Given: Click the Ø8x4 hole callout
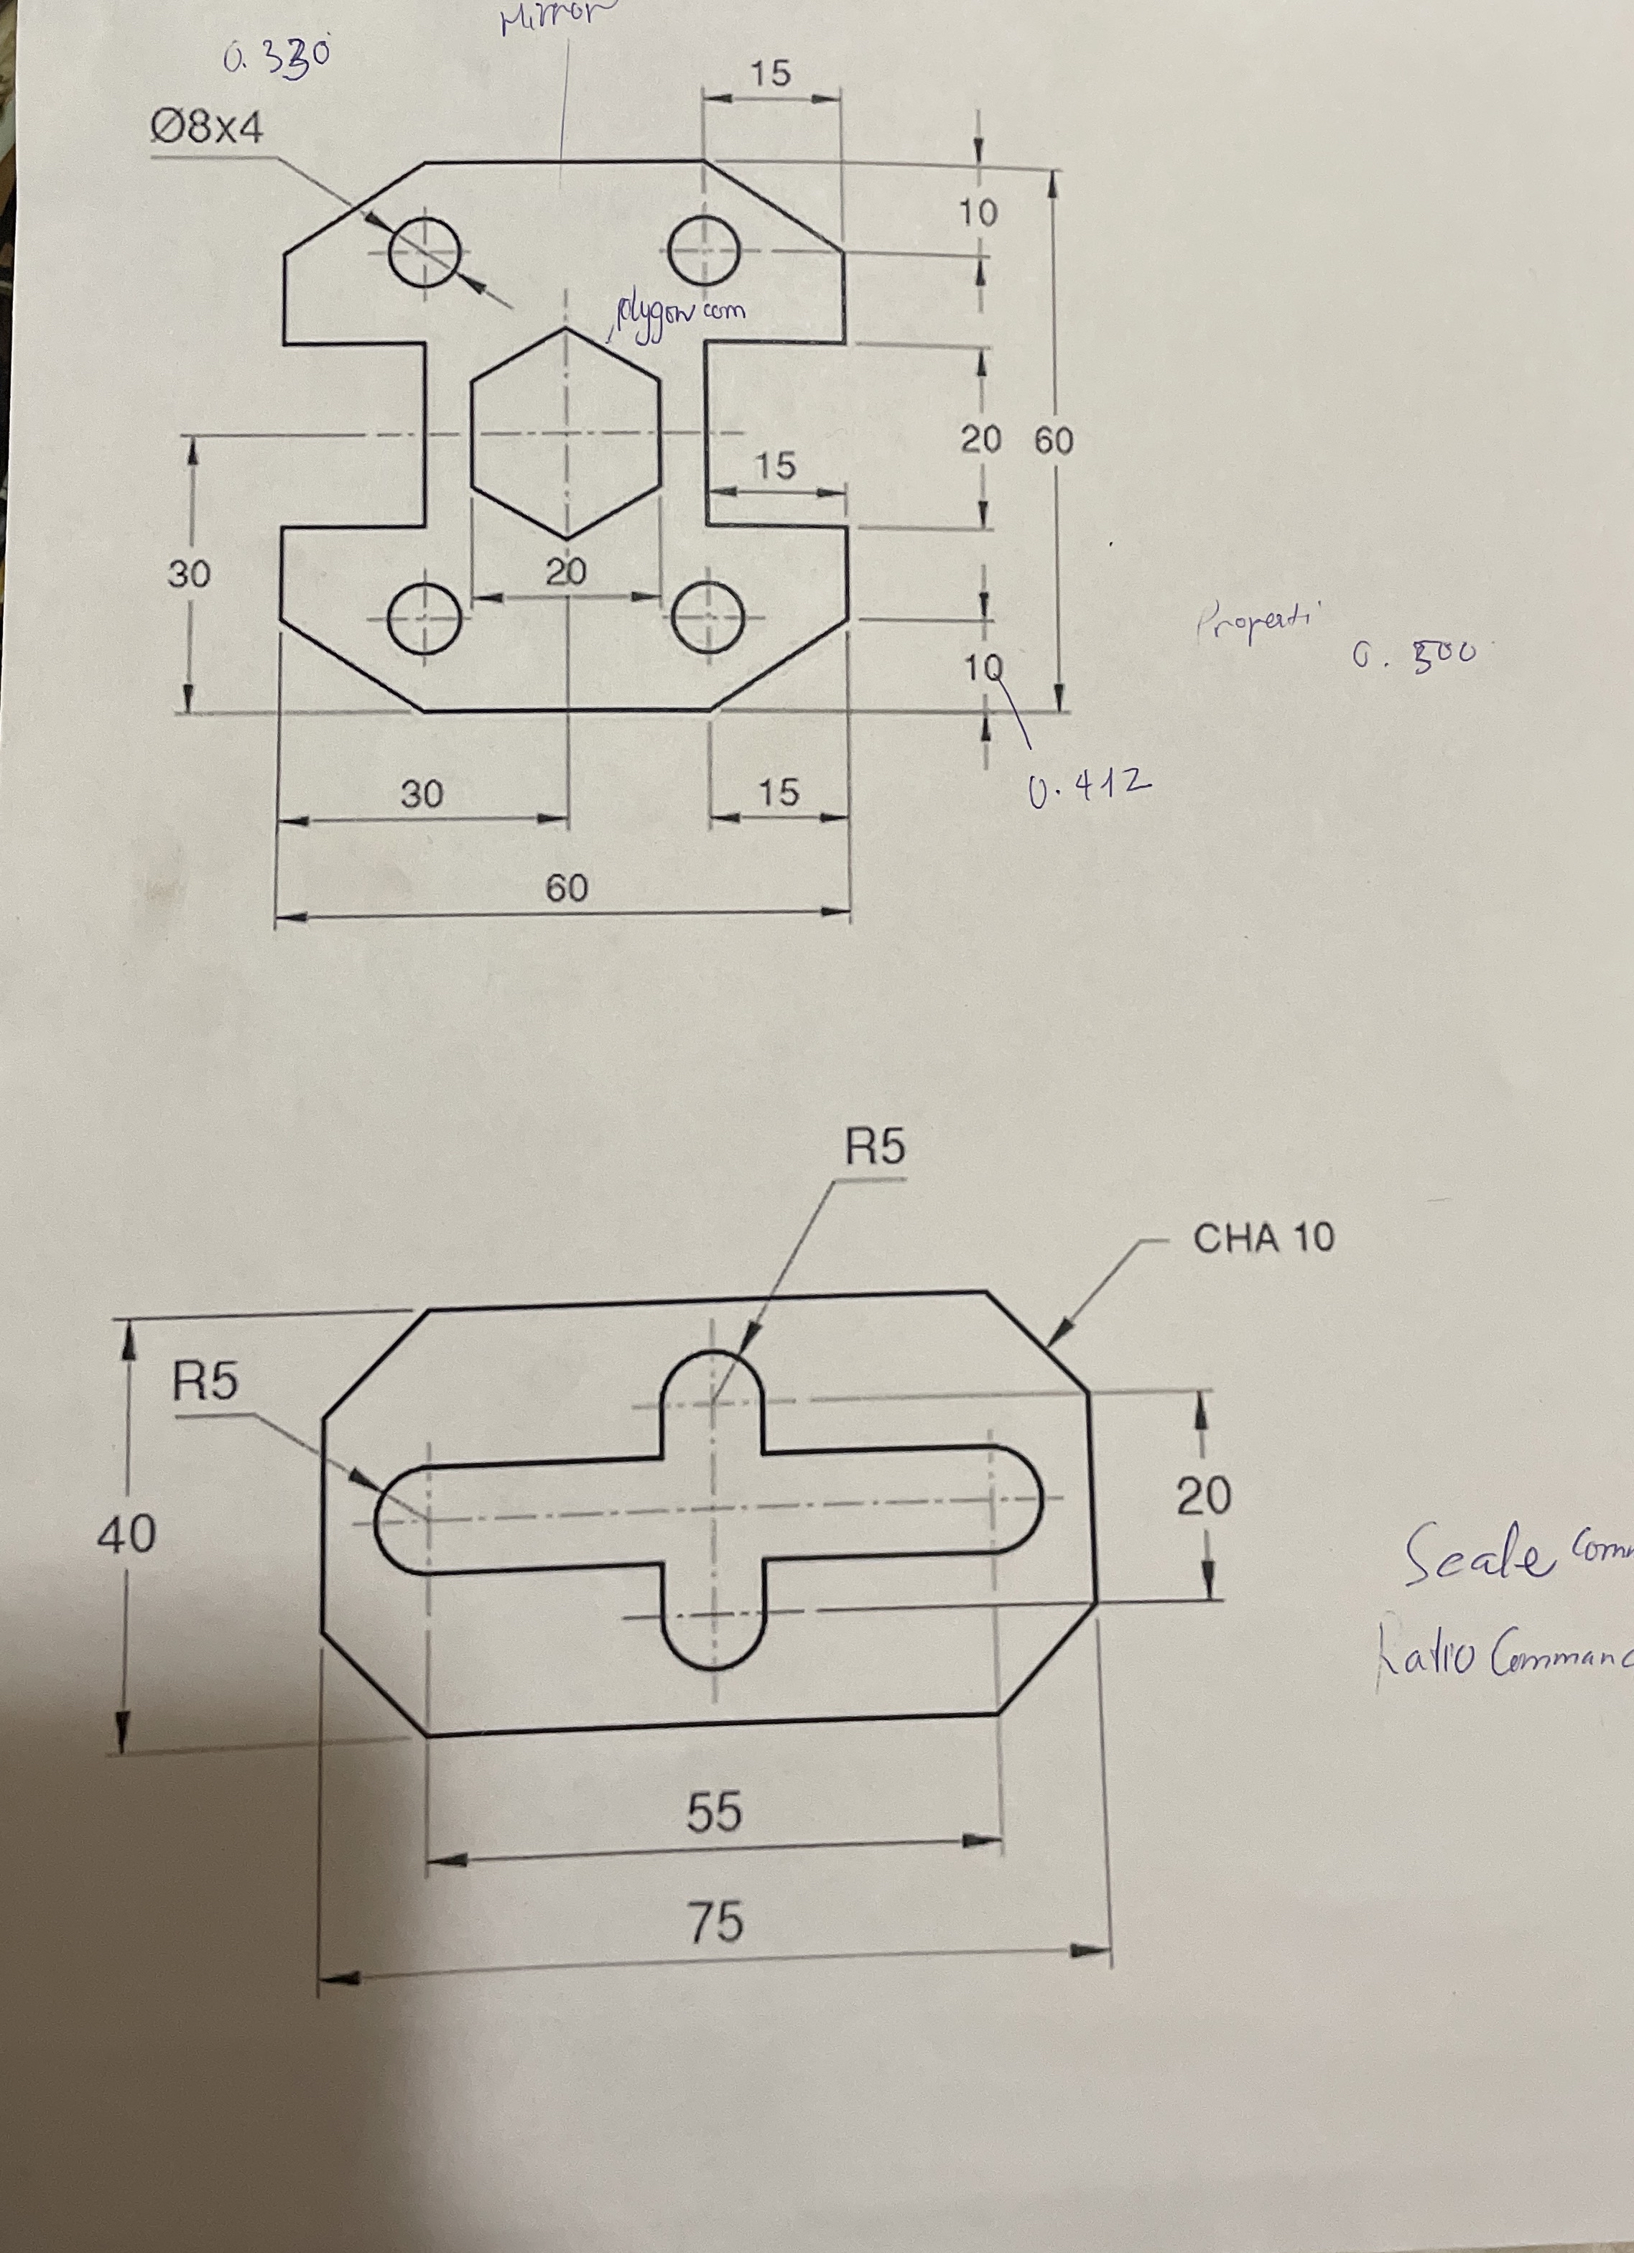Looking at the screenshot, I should point(207,127).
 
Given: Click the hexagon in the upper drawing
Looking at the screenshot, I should point(565,433).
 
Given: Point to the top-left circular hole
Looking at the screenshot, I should point(425,251).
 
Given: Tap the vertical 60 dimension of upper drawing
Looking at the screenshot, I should point(1054,440).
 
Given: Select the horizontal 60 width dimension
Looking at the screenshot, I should point(566,887).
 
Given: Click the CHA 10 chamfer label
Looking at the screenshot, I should point(1263,1237).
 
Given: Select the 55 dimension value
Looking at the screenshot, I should point(714,1811).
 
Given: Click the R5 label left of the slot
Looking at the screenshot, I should point(205,1381).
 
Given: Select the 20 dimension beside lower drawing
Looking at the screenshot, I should point(1204,1495).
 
